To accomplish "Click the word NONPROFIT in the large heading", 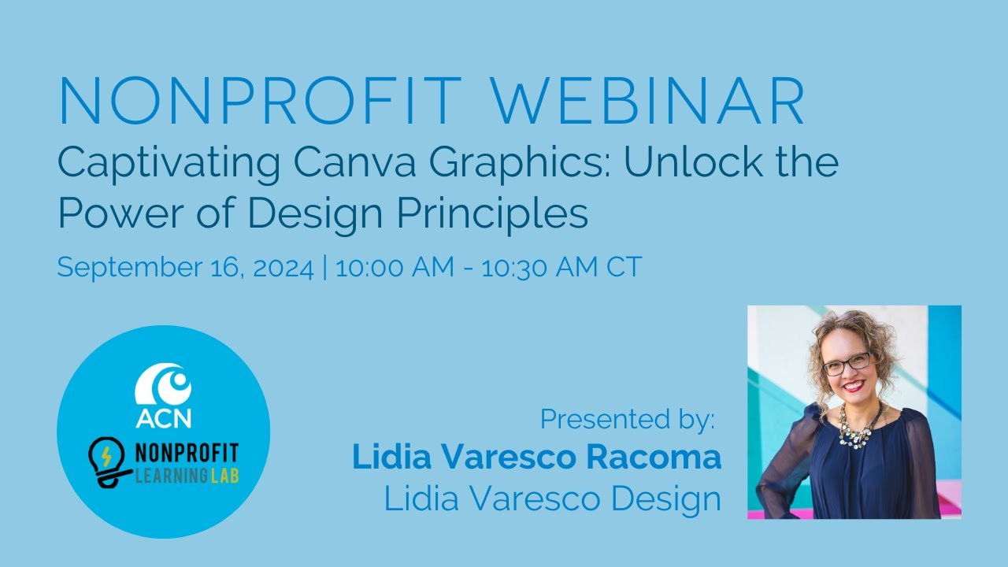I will tap(260, 102).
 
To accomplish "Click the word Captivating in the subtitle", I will tap(165, 163).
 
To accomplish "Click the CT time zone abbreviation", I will tap(624, 268).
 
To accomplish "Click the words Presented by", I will tap(628, 420).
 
